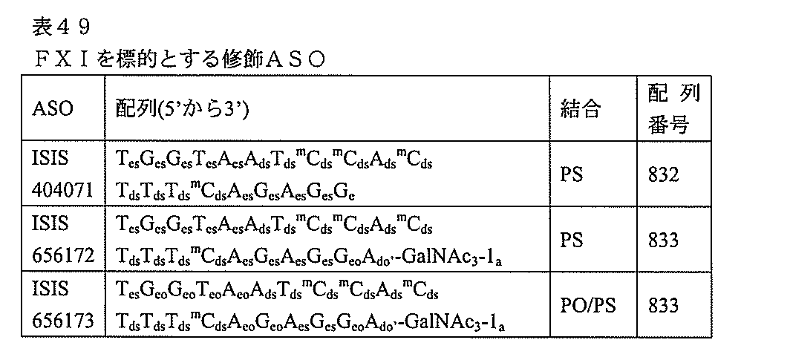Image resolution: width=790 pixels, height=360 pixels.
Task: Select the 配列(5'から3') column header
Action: click(181, 109)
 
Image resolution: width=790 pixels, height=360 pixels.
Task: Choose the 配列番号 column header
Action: click(673, 109)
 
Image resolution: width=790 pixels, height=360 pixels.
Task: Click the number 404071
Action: click(62, 190)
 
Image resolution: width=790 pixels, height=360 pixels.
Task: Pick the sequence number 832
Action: click(663, 175)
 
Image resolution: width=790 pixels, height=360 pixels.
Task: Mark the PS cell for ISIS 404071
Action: click(570, 175)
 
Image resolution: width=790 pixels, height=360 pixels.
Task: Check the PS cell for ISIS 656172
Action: click(570, 240)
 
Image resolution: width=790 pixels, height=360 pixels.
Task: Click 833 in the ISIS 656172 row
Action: click(663, 240)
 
